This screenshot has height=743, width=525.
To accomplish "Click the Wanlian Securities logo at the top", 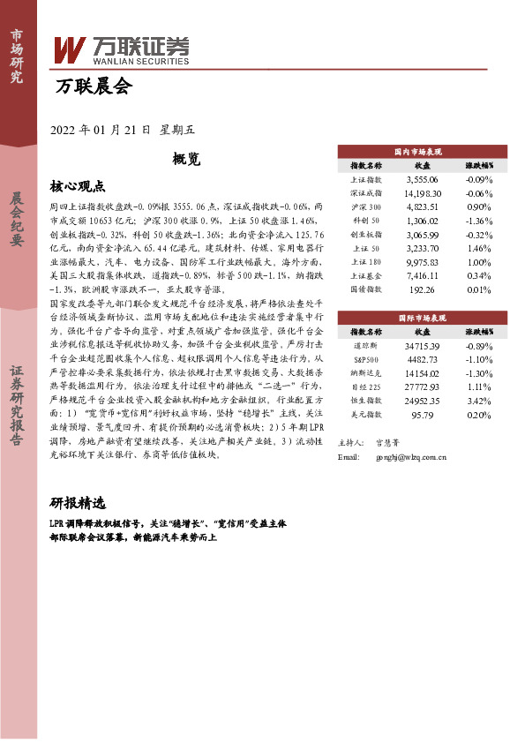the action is coord(122,49).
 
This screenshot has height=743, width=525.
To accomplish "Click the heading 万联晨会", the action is coord(93,86).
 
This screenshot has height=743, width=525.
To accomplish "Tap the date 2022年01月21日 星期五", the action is coord(123,130).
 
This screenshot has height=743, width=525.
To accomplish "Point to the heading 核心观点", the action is coord(78,186).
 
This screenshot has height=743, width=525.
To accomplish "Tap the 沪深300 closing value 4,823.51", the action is coord(422,205).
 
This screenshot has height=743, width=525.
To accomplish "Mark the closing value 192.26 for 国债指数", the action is coord(422,289).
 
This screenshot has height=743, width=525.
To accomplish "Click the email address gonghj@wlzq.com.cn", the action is coord(410,457).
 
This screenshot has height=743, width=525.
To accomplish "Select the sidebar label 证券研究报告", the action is coord(17,414).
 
